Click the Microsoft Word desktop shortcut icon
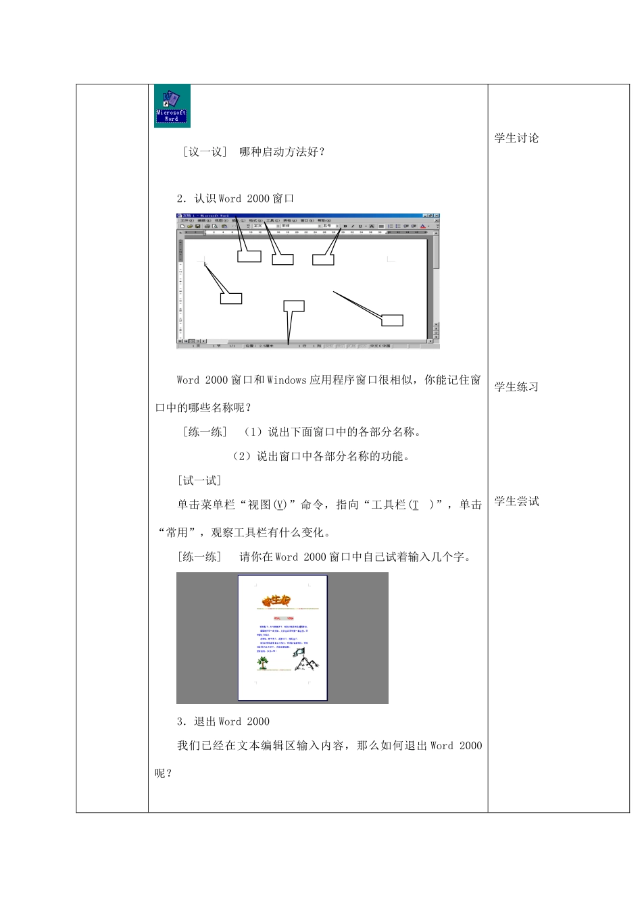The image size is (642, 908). point(172,106)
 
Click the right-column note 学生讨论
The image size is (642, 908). point(516,138)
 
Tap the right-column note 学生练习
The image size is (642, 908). point(516,387)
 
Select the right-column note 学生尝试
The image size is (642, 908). point(516,501)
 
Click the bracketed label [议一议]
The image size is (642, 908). point(205,152)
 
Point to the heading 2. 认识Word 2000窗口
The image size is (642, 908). point(235,199)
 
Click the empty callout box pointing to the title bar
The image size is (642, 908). point(249,257)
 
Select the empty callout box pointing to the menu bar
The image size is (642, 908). point(282,259)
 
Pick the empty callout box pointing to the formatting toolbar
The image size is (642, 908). point(323,259)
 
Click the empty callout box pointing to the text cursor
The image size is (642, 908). point(231,298)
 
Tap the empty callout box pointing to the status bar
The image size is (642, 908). point(294,306)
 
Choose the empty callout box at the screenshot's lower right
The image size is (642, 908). point(392,320)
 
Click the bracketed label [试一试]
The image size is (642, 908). point(199,481)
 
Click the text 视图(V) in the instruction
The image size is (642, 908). point(268,505)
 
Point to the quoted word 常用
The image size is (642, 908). point(177,532)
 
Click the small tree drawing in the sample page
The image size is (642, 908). point(262,662)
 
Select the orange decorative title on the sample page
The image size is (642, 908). point(276,600)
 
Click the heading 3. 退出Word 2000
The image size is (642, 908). point(223,722)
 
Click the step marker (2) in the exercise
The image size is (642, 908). point(241,457)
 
